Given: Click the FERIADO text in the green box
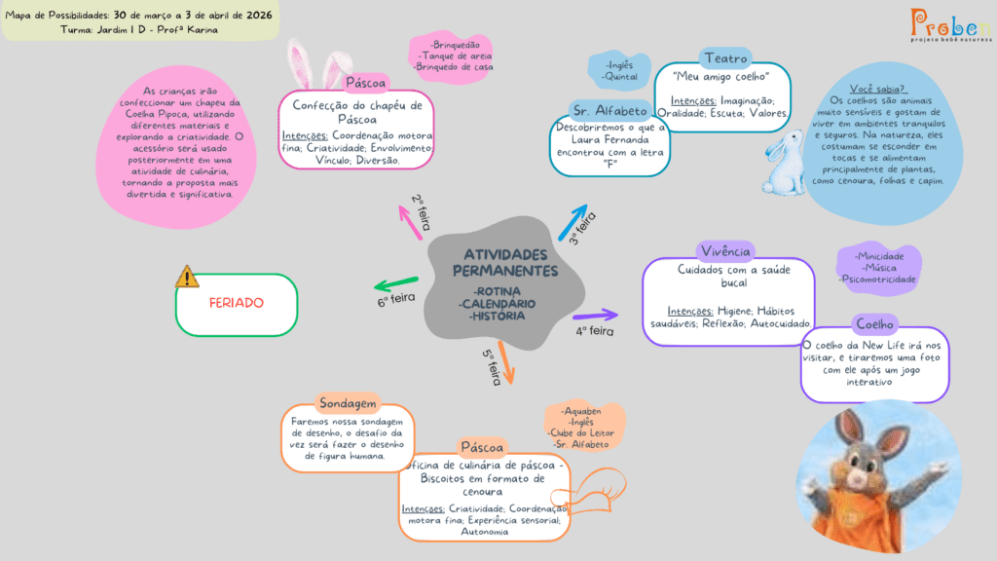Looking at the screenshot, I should tap(236, 303).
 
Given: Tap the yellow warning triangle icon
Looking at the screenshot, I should tap(187, 277).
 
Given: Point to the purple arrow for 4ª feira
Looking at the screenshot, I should tap(595, 315).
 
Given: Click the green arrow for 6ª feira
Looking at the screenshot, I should tap(395, 284).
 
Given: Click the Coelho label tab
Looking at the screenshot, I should tap(874, 323).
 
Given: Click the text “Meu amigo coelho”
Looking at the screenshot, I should tap(721, 76).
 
